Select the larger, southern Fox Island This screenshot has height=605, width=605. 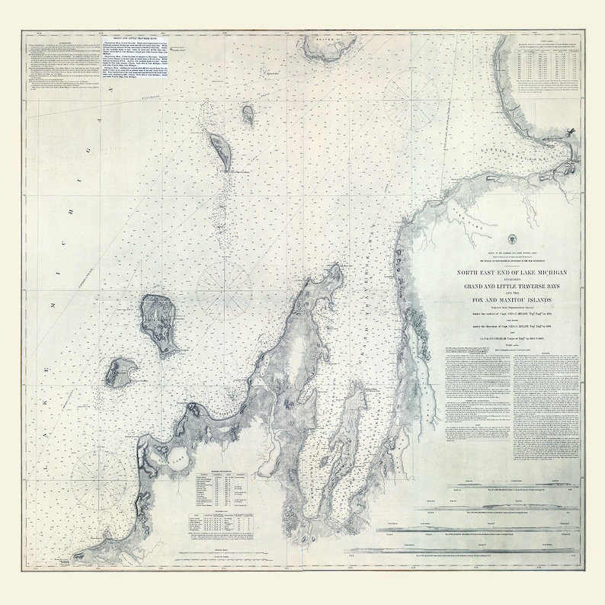pos(219,150)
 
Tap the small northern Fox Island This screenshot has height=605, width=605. pos(248,115)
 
